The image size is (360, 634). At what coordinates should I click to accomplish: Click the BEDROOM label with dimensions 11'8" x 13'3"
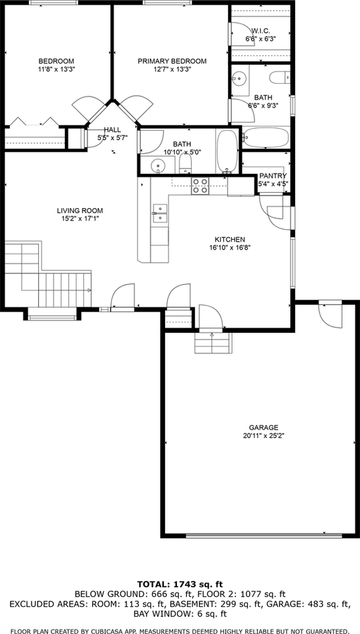coord(55,61)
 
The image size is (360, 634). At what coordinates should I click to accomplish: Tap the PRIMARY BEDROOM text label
coord(172,61)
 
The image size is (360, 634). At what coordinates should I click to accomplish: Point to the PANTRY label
coord(272,176)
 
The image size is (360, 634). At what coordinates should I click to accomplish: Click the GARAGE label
coord(263,427)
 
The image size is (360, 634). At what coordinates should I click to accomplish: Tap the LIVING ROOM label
coord(79,211)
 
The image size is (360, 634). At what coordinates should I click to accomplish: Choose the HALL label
coord(112,130)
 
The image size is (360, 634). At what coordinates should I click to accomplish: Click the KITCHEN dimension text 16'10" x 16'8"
coord(229,248)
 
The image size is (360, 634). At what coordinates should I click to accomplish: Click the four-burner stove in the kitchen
coord(200,186)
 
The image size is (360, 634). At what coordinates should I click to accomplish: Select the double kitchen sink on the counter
coord(160,211)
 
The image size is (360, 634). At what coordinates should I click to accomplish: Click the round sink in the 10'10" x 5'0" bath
coord(157,164)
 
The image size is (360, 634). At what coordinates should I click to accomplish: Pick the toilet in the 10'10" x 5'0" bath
coord(186,162)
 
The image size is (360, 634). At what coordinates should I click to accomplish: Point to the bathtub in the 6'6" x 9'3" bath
coord(265,137)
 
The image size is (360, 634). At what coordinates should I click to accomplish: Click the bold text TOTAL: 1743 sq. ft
coord(180,584)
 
